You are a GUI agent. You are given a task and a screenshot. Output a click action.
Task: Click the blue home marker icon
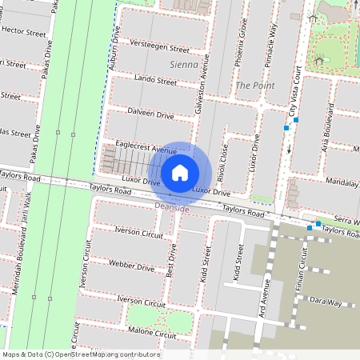pyautogui.click(x=180, y=173)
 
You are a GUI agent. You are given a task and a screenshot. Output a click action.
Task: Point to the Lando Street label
pyautogui.click(x=155, y=82)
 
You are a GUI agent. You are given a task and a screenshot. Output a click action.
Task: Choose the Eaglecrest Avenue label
pyautogui.click(x=146, y=150)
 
